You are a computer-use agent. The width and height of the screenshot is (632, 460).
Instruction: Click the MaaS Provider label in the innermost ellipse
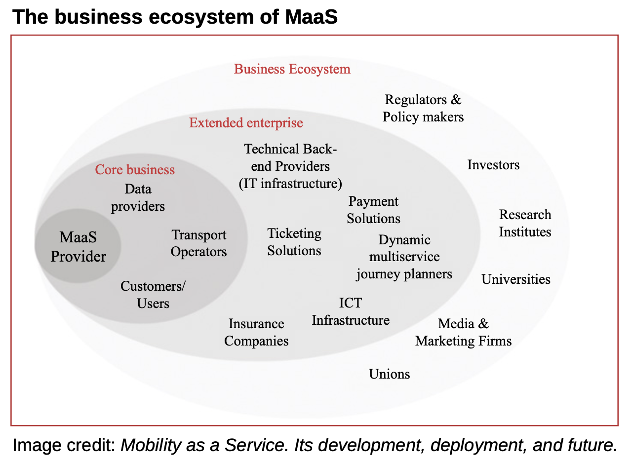click(79, 247)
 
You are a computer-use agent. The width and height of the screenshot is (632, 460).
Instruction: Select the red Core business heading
click(135, 170)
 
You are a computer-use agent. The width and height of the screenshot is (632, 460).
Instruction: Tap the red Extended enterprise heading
click(246, 123)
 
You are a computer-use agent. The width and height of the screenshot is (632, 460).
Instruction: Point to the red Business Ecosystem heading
click(292, 69)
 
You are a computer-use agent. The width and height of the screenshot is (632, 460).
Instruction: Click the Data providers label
click(138, 197)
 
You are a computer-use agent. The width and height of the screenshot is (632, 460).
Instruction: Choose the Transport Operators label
click(199, 243)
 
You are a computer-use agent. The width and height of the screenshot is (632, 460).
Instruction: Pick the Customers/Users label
click(153, 295)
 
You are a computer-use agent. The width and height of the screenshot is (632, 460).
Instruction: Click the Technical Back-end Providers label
click(290, 166)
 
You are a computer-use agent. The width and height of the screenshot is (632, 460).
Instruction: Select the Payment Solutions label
click(373, 210)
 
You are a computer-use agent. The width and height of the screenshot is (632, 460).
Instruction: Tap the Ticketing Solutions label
click(294, 242)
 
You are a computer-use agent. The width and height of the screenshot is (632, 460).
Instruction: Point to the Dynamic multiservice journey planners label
click(404, 257)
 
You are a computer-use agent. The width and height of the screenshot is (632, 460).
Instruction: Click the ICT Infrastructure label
click(351, 311)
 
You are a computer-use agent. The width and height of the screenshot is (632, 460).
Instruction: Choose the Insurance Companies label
click(256, 332)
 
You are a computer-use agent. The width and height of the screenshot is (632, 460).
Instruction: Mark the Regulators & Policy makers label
click(423, 108)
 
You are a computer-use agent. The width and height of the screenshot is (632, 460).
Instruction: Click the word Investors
click(493, 165)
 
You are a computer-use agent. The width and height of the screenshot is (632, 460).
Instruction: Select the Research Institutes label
click(525, 223)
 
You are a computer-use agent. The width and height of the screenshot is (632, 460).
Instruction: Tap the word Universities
click(516, 279)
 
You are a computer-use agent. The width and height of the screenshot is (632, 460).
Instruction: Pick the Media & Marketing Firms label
click(463, 332)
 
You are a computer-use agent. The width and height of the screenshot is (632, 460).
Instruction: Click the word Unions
click(390, 374)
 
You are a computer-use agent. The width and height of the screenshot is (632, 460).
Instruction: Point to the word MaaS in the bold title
click(311, 17)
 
